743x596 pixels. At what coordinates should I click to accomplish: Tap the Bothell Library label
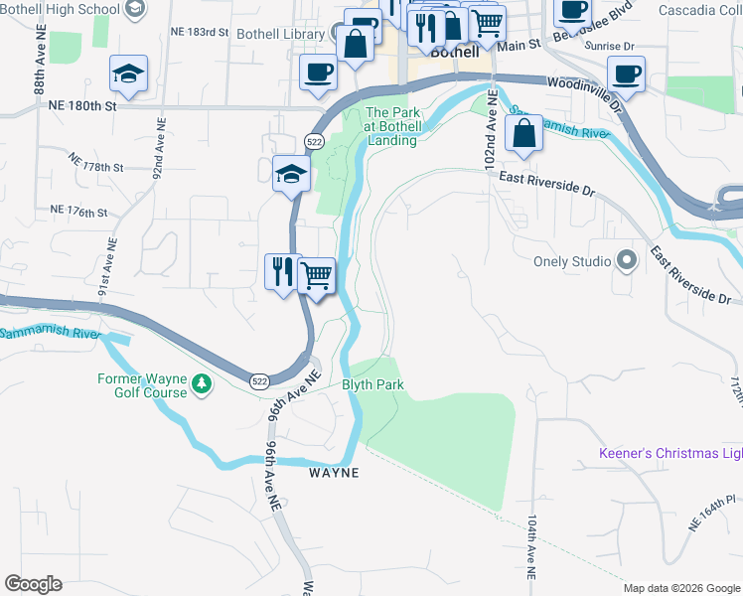tap(282, 34)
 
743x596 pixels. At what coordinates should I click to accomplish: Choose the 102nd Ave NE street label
tap(489, 135)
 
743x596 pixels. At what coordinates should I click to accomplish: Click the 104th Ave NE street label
tap(532, 547)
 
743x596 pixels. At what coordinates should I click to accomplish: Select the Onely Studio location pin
tap(626, 261)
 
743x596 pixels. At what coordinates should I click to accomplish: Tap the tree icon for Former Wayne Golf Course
tap(202, 383)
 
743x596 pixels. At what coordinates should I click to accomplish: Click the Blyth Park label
tap(372, 384)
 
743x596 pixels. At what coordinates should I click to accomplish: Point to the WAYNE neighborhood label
tap(334, 473)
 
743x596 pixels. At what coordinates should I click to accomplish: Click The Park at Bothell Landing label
tap(392, 126)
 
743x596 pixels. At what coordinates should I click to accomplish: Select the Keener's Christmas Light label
tap(670, 454)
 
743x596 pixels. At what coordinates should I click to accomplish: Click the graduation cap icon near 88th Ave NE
tap(128, 74)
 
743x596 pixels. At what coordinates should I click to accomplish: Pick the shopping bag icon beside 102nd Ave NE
tap(523, 133)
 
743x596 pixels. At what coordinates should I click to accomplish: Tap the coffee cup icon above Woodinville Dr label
tap(626, 73)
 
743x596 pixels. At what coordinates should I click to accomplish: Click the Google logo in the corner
tap(33, 584)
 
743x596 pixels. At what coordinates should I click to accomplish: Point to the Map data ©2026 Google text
tap(680, 588)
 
